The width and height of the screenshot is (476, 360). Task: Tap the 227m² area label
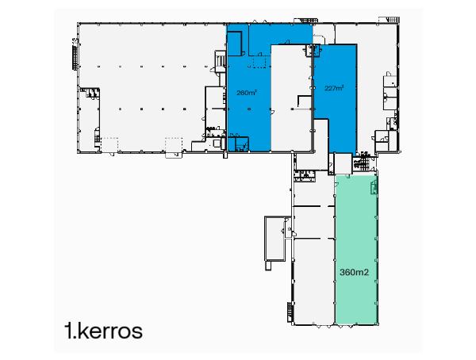[335, 89]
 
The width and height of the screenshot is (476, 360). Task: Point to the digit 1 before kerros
[70, 331]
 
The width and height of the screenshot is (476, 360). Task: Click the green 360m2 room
[356, 238]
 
